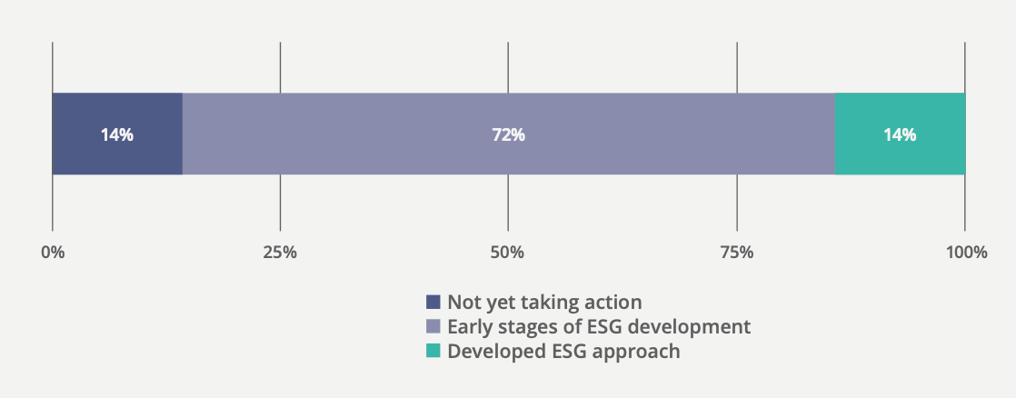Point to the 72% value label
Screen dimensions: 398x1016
pyautogui.click(x=508, y=134)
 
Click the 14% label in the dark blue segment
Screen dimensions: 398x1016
pyautogui.click(x=117, y=134)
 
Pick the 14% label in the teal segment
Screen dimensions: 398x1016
pyautogui.click(x=900, y=134)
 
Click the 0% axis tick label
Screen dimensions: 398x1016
pyautogui.click(x=53, y=252)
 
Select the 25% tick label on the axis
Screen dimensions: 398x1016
pyautogui.click(x=280, y=252)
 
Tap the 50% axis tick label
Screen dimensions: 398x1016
pyautogui.click(x=508, y=252)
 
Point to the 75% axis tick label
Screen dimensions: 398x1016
pyautogui.click(x=737, y=252)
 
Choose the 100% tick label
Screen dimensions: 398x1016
pyautogui.click(x=965, y=252)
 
